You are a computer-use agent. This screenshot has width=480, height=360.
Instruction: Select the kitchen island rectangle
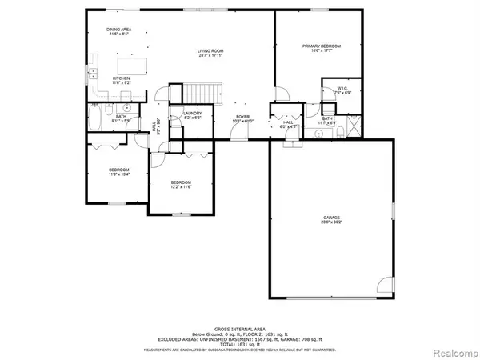point(134,63)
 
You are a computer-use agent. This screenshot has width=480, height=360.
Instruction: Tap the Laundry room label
point(192,115)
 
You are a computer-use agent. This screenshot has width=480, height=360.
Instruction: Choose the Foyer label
point(242,118)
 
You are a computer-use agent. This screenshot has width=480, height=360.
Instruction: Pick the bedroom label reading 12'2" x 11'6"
point(181,185)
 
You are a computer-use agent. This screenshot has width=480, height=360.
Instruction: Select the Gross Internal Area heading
point(240,328)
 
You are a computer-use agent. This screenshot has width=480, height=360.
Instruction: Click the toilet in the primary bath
point(341,130)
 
